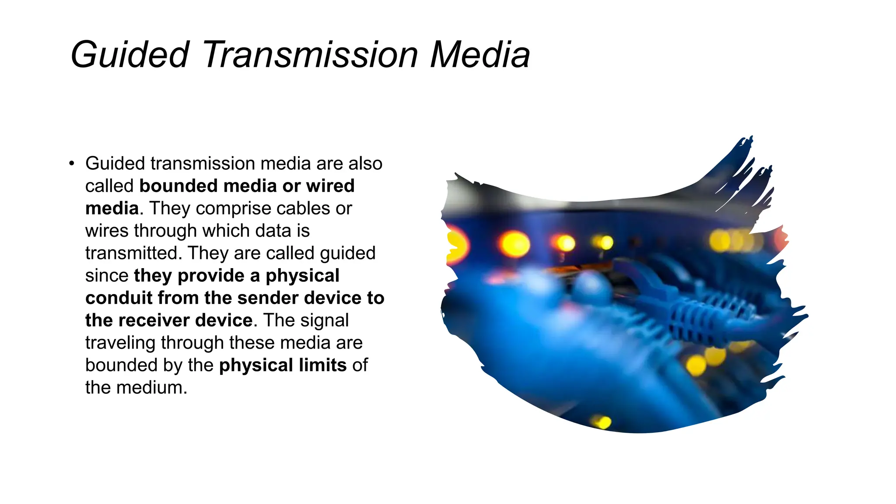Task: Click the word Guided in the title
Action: (129, 55)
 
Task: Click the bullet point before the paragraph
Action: (72, 164)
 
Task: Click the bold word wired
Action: (330, 186)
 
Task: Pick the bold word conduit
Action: (119, 298)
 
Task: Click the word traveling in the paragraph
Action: (120, 343)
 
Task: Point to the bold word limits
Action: (323, 365)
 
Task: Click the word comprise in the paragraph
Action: (231, 208)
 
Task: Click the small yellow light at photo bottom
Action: (602, 422)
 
